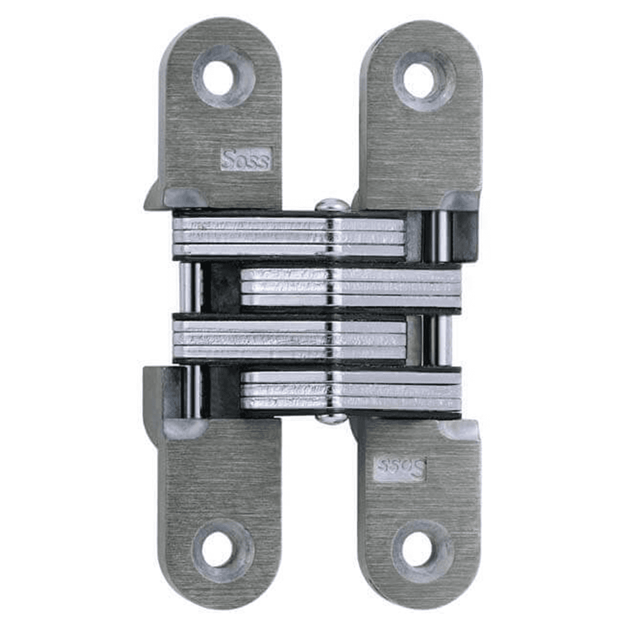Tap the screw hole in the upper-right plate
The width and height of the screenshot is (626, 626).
coord(419,80)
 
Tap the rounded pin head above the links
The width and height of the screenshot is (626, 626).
coord(331,205)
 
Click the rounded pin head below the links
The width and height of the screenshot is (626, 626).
coord(331,418)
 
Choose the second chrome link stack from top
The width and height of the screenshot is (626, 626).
coord(351,287)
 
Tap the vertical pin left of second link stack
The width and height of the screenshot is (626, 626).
coord(190,287)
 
